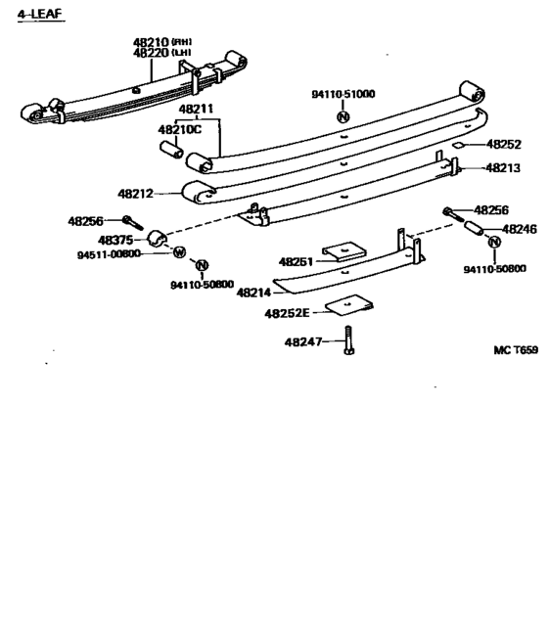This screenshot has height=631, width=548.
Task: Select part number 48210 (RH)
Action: [x=161, y=43]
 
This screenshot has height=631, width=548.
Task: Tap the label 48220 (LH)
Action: [x=161, y=54]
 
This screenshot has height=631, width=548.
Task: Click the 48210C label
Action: [x=180, y=128]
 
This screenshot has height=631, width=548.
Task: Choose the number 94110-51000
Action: [x=342, y=95]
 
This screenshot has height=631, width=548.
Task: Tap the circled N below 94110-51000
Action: [x=342, y=117]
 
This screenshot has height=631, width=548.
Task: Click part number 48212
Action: [x=140, y=194]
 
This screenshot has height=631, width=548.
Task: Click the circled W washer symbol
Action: [x=179, y=252]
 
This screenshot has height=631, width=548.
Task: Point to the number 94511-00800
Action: [x=109, y=254]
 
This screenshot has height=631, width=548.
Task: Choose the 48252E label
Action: [x=287, y=314]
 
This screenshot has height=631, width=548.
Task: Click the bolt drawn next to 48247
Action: [x=348, y=344]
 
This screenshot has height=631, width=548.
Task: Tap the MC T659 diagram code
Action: [x=515, y=350]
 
